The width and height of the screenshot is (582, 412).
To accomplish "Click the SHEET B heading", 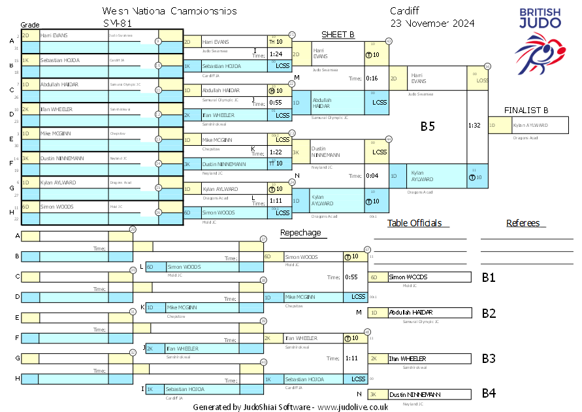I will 338,35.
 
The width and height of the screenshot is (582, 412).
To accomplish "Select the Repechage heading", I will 300,232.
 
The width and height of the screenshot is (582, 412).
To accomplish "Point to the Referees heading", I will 523,223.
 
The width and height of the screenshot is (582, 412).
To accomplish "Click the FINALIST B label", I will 526,110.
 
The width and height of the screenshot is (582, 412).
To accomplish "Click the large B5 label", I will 427,127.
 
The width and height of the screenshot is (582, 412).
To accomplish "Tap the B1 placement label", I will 489,277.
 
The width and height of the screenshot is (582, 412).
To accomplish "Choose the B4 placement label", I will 489,393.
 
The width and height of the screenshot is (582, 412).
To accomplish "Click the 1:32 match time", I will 475,124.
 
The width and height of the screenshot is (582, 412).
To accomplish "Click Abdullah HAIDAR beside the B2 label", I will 411,313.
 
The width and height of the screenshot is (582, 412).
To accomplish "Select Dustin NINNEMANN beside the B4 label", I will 415,394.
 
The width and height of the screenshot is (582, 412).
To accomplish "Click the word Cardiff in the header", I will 406,11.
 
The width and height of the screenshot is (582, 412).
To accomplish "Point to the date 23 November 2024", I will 432,24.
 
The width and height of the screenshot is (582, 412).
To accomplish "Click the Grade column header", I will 30,24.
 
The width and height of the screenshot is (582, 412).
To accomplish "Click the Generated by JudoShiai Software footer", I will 291,407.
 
